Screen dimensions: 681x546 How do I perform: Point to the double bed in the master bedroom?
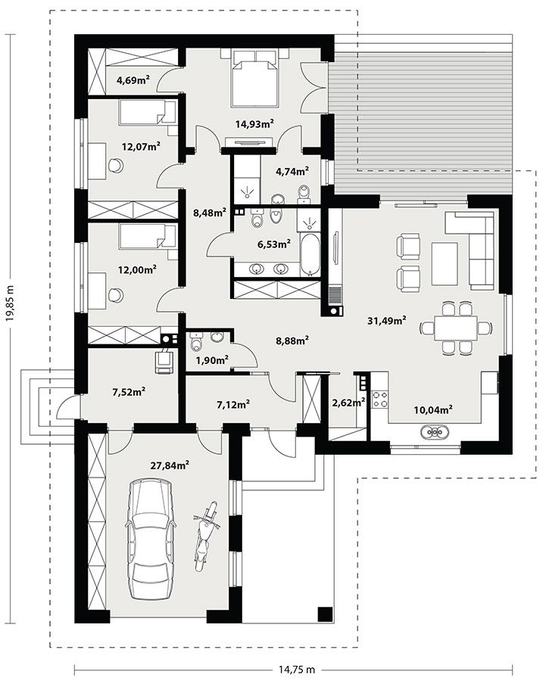[254, 78]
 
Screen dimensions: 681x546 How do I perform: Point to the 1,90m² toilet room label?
[212, 360]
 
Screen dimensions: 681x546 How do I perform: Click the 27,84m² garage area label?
[170, 465]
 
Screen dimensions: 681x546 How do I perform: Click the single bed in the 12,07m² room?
[148, 113]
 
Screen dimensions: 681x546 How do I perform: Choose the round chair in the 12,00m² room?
[116, 296]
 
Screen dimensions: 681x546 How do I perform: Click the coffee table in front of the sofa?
[444, 253]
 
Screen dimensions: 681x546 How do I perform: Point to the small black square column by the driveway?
[325, 614]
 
